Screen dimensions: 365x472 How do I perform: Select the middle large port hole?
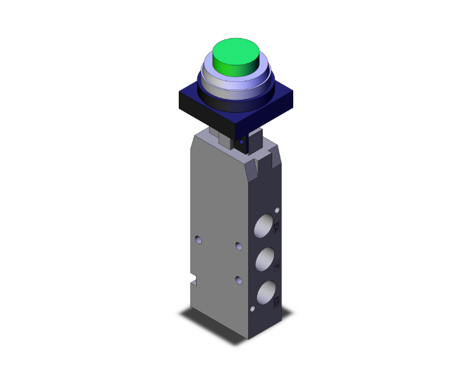[x=265, y=258]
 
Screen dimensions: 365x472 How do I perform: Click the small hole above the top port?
[x=277, y=209]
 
